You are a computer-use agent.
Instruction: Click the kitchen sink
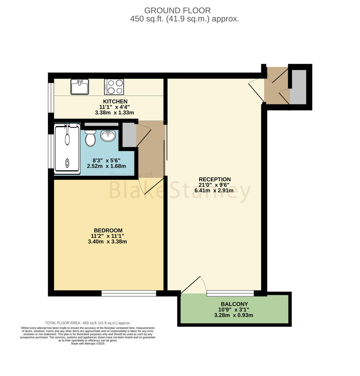(80, 87)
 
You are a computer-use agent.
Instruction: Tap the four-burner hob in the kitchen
(114, 87)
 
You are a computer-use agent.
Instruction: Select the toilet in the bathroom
(90, 138)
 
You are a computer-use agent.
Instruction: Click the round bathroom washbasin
(108, 136)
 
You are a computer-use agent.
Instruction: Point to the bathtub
(67, 149)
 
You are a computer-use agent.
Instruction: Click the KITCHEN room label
(115, 101)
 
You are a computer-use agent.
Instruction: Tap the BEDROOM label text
(108, 230)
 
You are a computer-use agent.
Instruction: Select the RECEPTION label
(215, 179)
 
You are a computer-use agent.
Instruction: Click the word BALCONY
(234, 304)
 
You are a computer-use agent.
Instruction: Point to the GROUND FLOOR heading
(177, 10)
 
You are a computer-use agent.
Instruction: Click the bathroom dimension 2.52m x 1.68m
(106, 166)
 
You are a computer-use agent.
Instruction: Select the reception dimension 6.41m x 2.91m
(214, 191)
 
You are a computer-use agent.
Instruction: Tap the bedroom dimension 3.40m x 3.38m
(107, 242)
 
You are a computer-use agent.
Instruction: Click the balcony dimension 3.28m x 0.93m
(233, 315)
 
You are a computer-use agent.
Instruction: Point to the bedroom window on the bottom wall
(129, 293)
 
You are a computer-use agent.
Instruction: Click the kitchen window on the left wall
(51, 97)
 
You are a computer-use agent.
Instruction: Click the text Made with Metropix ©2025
(88, 344)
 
